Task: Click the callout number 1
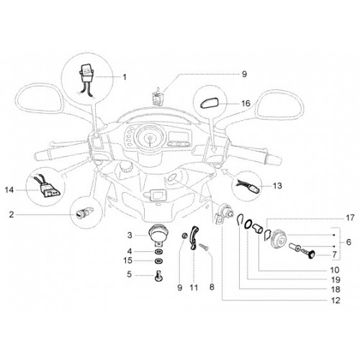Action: pos(125,77)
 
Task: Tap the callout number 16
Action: pos(246,104)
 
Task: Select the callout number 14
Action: pos(9,190)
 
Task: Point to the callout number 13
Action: pos(277,186)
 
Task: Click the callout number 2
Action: pos(12,215)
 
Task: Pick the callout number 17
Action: pos(351,217)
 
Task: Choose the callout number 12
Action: pos(336,300)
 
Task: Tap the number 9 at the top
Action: pos(244,74)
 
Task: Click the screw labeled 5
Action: pos(158,276)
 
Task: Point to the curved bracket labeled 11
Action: pos(195,238)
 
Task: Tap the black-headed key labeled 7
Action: pos(309,255)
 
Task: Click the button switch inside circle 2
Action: pos(84,213)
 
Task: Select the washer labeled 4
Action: pos(158,252)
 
